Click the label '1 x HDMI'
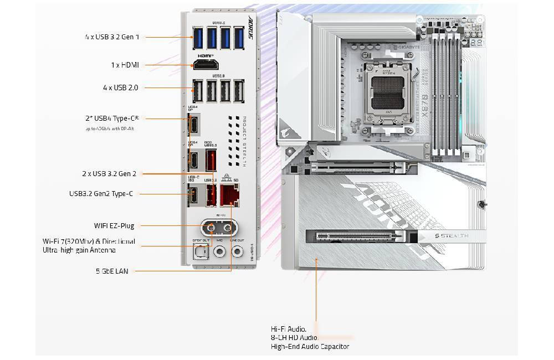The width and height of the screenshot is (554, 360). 125,65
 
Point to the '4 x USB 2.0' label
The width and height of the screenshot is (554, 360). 120,88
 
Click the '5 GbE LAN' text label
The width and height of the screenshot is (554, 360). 111,271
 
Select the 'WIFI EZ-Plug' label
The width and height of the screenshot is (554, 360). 114,225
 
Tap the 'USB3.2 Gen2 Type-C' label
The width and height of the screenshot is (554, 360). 101,193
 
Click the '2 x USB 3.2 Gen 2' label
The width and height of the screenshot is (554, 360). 109,173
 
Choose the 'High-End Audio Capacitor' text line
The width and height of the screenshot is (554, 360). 310,347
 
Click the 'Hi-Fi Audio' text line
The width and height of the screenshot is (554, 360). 289,328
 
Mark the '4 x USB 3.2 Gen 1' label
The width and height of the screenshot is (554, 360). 112,37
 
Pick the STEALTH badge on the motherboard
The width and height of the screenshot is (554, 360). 449,236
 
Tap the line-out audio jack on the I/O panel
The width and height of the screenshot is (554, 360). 237,252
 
